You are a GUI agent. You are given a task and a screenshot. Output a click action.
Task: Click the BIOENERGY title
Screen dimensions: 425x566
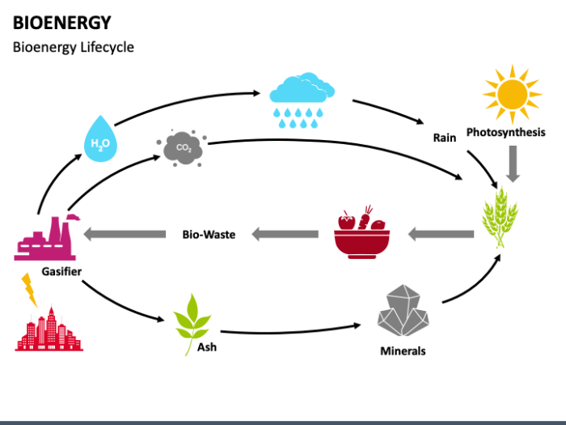62,22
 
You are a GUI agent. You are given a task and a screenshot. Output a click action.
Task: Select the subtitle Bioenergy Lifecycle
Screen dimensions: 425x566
73,47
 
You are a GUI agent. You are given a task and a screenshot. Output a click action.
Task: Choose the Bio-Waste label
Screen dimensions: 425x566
208,235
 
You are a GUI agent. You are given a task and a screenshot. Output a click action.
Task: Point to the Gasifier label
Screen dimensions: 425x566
61,271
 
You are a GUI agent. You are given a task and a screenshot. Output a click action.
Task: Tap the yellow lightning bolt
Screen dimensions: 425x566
29,289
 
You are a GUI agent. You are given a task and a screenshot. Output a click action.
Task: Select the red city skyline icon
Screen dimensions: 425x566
49,329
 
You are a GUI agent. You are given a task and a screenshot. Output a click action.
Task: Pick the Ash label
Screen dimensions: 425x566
207,348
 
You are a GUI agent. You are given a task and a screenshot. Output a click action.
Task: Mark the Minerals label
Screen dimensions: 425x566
403,351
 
